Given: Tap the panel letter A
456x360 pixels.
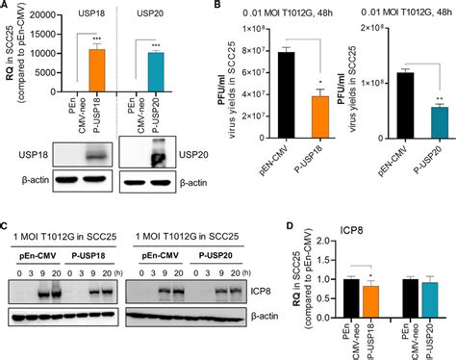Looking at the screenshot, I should (x=7, y=7).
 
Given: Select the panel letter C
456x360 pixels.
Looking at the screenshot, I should (x=7, y=228).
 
